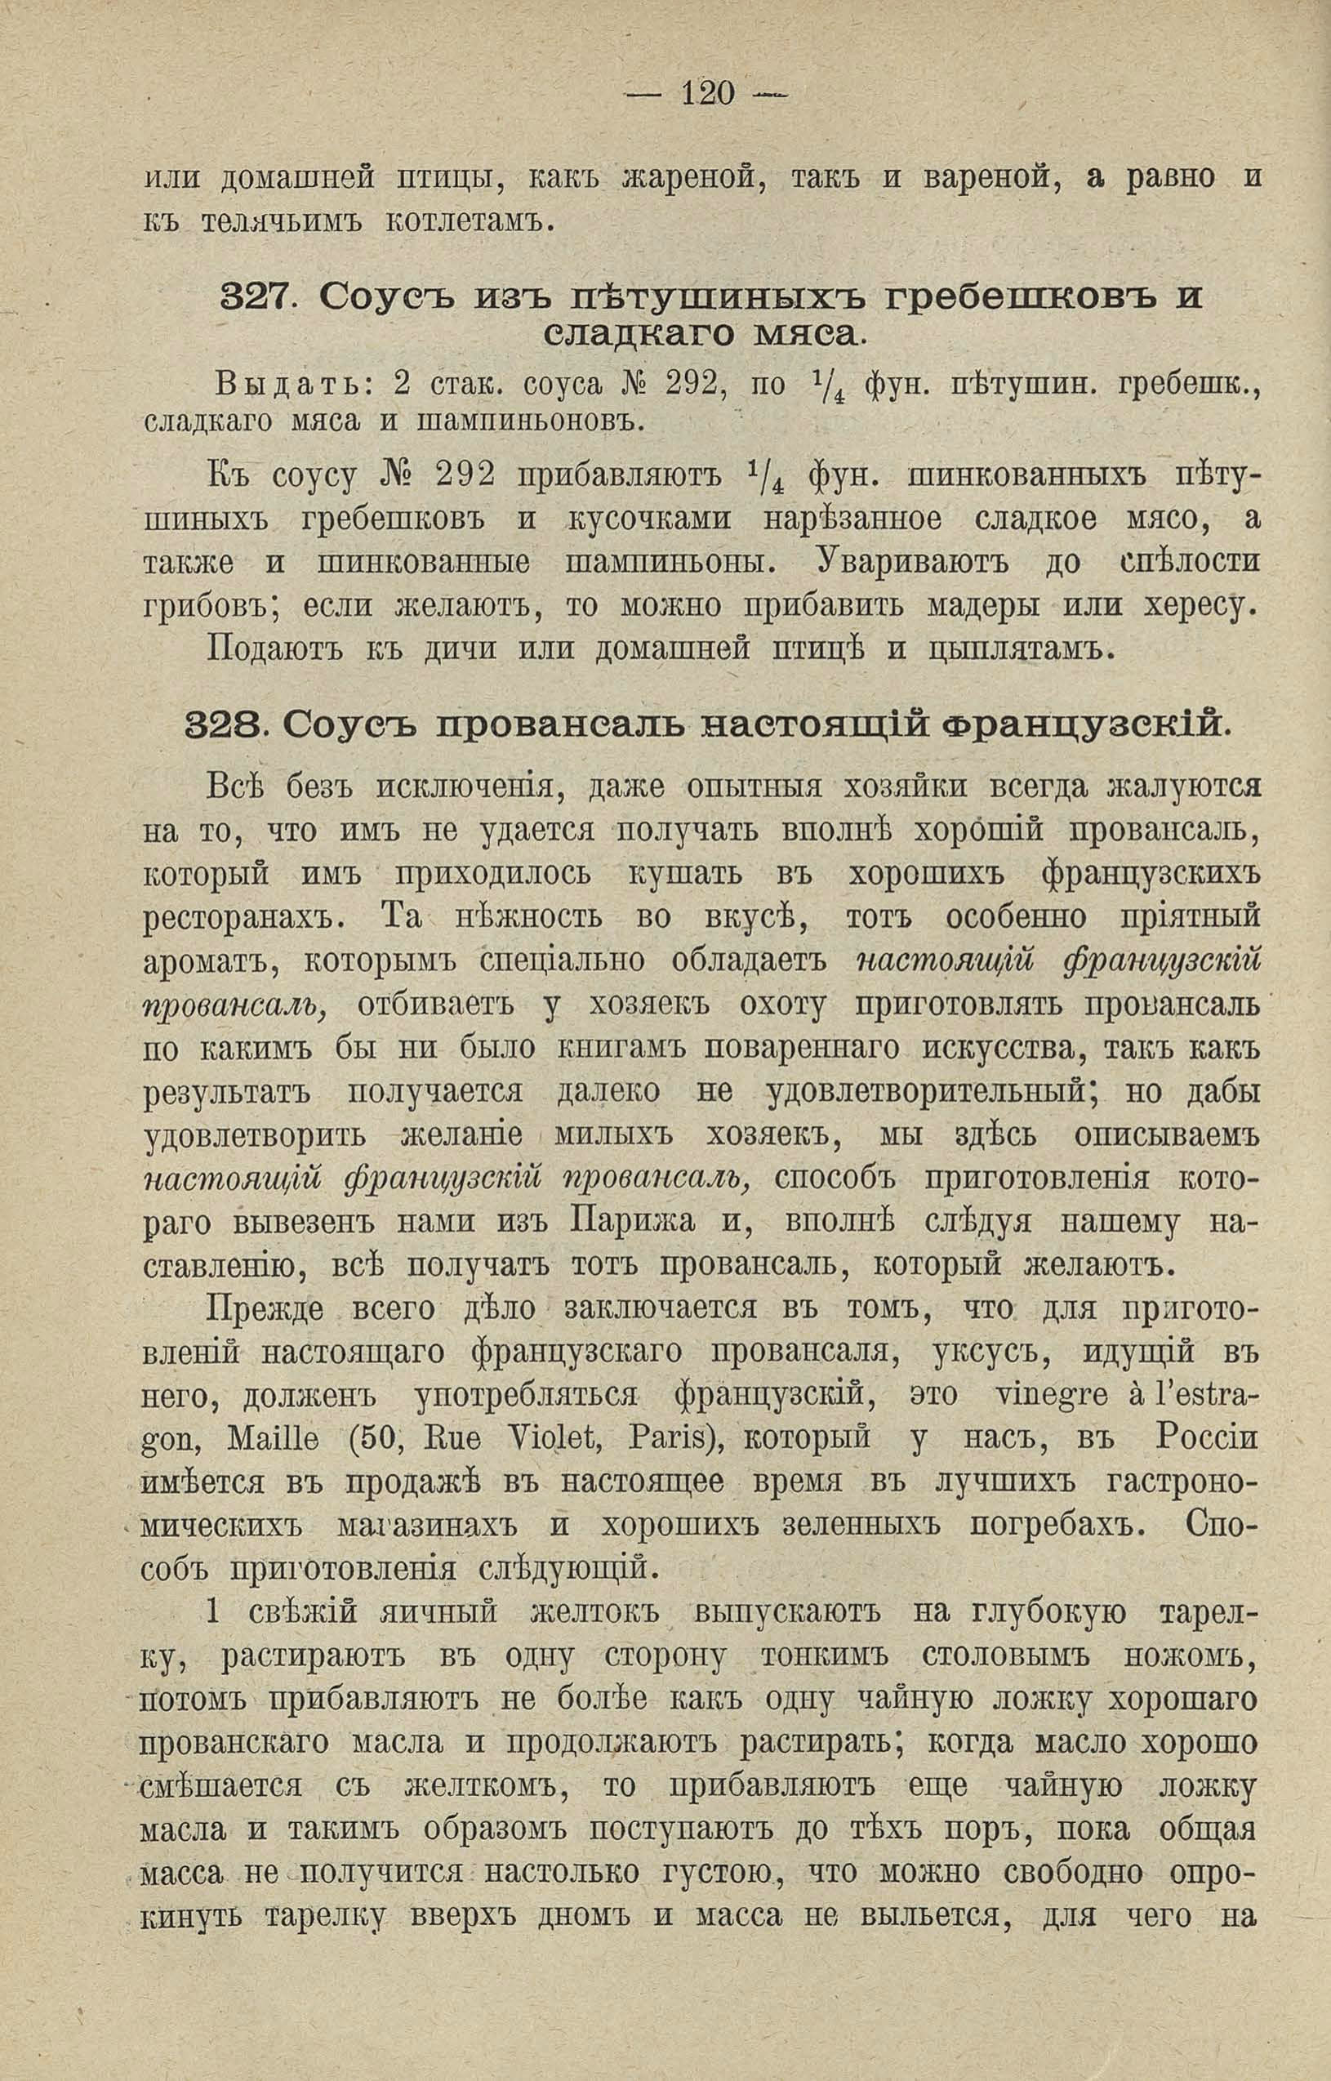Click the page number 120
(707, 91)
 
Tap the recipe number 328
(224, 724)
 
